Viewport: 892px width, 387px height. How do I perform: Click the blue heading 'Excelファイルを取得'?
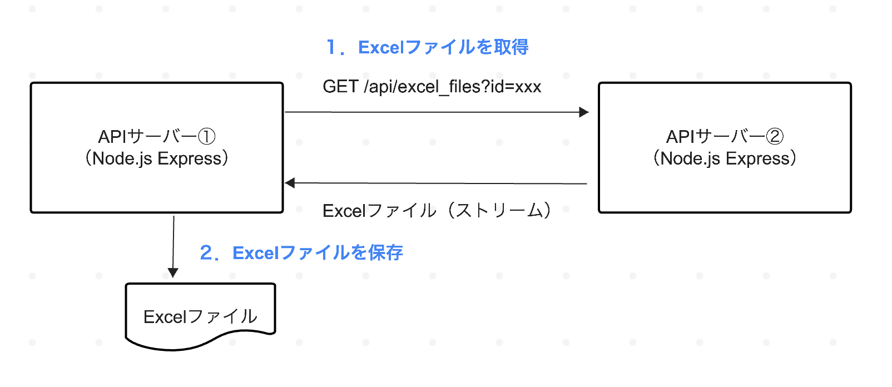[443, 47]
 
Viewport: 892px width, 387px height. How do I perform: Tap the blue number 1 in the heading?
[331, 47]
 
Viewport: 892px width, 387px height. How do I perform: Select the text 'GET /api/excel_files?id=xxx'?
[432, 87]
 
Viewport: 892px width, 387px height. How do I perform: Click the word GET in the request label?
[340, 87]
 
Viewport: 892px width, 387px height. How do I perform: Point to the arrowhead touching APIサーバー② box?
[584, 112]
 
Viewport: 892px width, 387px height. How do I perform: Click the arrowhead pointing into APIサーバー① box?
[290, 182]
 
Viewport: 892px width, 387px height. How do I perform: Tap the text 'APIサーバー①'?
[156, 136]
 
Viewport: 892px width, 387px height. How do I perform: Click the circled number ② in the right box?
[775, 136]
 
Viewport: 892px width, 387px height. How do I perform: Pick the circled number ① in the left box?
[207, 136]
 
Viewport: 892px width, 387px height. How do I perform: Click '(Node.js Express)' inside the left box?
[156, 158]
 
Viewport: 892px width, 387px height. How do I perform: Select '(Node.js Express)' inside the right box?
[725, 158]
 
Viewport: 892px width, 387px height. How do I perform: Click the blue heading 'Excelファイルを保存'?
[318, 253]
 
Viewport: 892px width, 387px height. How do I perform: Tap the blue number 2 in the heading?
[206, 253]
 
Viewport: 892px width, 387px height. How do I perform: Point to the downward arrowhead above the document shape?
[173, 272]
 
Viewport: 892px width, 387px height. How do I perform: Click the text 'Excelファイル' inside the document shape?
[200, 317]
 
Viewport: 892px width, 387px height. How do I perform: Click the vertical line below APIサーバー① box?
[174, 239]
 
